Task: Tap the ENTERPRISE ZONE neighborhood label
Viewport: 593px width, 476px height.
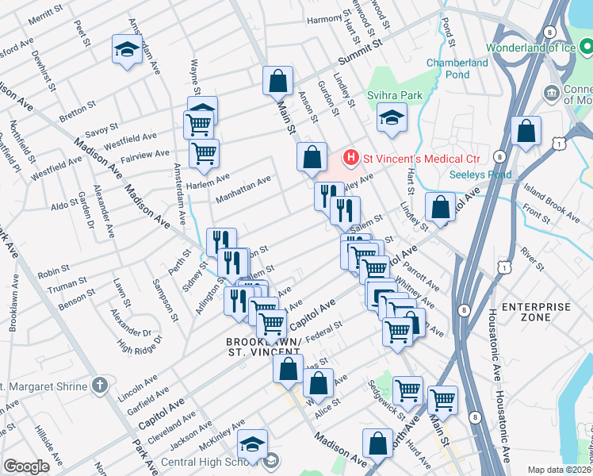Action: [536, 311]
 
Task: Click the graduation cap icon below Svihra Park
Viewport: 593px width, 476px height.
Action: [389, 119]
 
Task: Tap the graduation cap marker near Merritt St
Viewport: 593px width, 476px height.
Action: [126, 50]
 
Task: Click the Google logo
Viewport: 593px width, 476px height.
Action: [26, 466]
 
